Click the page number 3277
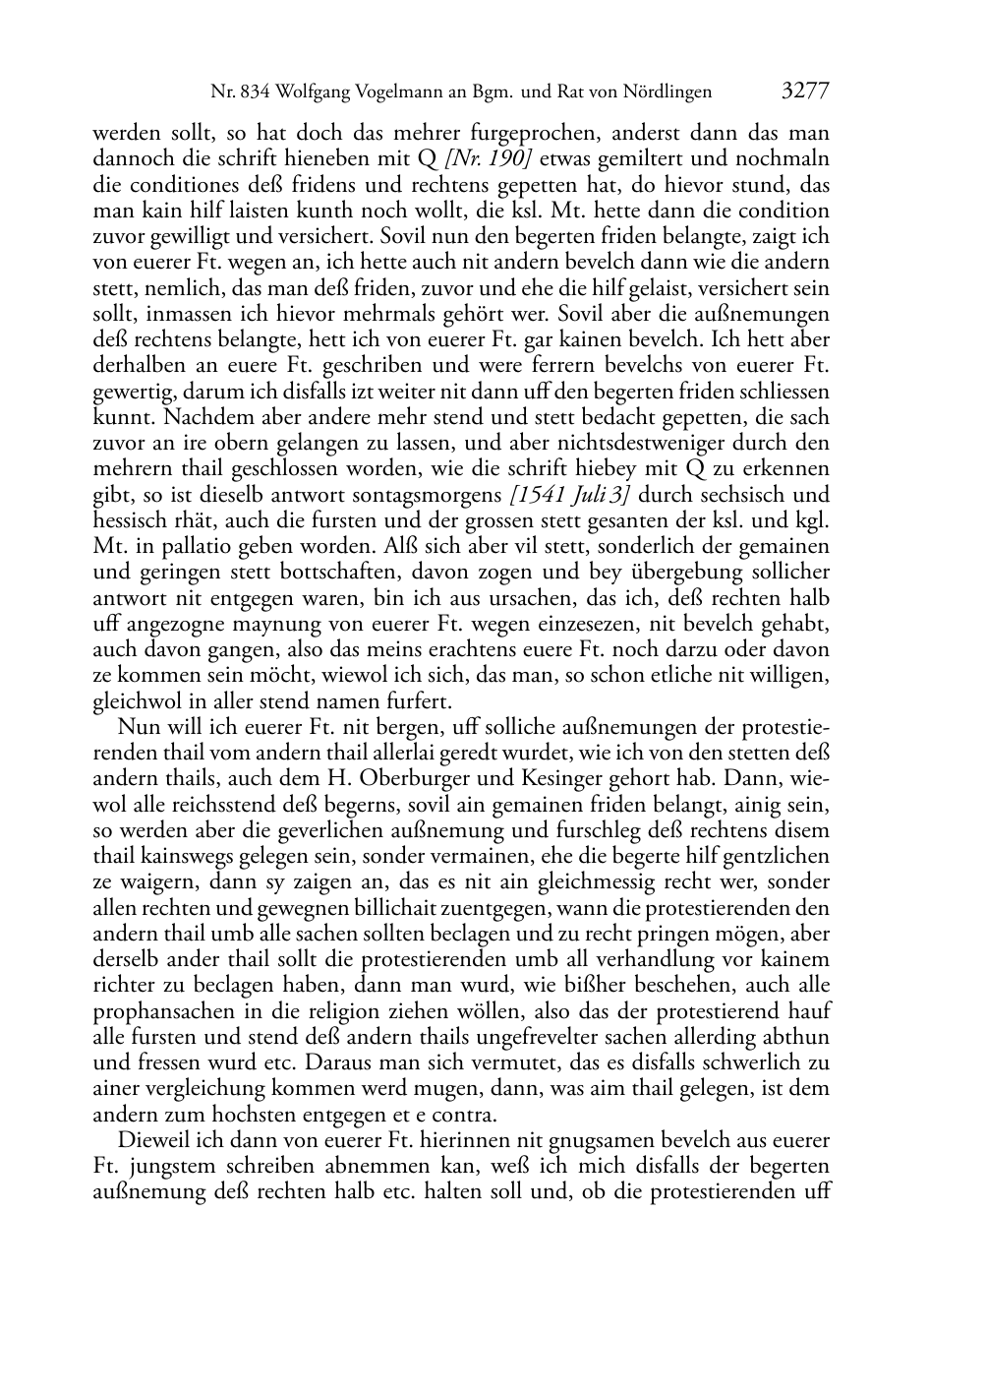coord(805,91)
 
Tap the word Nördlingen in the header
coord(661,92)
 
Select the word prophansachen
coord(162,1011)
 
